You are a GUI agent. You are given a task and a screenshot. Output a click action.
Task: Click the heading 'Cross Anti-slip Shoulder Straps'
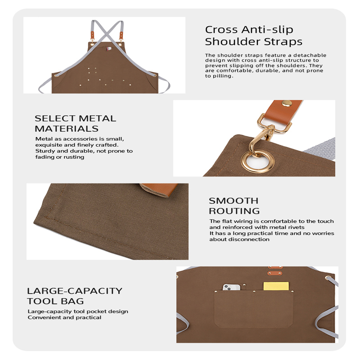tap(253, 36)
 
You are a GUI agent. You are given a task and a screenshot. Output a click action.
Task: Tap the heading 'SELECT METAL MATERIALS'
tap(75, 123)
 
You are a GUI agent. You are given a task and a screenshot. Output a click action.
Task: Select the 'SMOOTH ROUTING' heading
tap(234, 206)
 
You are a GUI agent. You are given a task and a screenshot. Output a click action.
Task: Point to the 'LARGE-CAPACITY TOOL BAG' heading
tap(75, 296)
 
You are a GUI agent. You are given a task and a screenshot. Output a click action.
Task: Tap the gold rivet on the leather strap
tap(287, 104)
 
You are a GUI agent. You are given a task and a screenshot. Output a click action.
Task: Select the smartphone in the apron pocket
tap(231, 287)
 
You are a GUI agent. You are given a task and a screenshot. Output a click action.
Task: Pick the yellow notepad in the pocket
tap(276, 286)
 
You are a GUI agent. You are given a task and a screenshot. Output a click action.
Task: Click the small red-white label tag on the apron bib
tap(109, 49)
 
